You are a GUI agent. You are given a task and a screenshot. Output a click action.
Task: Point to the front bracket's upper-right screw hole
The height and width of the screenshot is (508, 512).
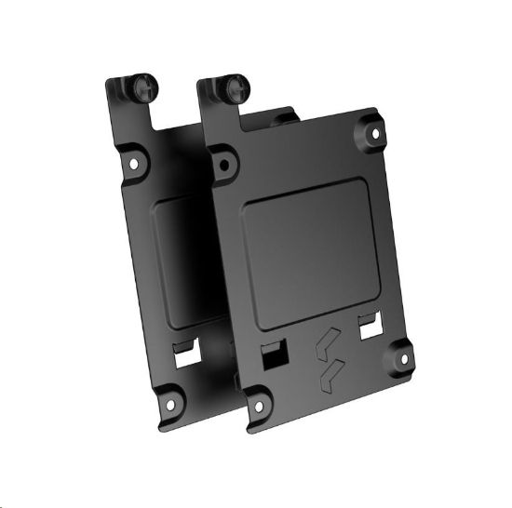[x=376, y=134]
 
